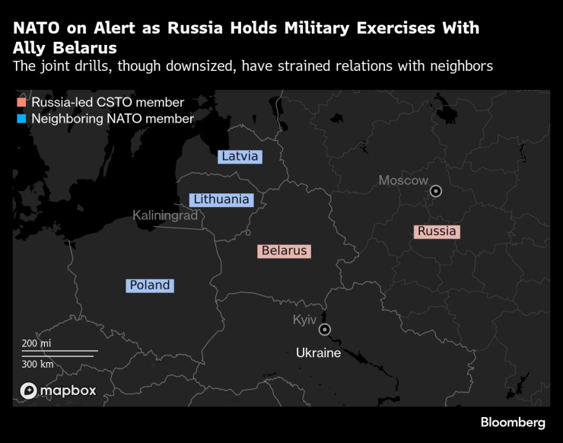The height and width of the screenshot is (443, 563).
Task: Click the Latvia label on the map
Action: (240, 157)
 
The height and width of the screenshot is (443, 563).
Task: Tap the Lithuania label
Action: (221, 199)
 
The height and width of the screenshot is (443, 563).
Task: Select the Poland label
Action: (150, 285)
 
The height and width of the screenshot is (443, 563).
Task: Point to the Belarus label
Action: (284, 250)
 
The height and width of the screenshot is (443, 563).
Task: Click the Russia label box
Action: (437, 231)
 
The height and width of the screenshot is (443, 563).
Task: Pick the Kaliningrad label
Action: (165, 215)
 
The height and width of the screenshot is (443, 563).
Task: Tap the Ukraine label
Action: (318, 353)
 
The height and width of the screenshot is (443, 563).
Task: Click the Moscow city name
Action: (403, 180)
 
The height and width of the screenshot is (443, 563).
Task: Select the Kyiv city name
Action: (304, 320)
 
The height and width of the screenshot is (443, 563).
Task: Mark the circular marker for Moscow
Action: (436, 192)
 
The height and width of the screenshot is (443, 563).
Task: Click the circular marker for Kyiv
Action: (325, 330)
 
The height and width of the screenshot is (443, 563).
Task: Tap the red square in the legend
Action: (22, 103)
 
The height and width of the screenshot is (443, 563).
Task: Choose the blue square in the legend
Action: (22, 119)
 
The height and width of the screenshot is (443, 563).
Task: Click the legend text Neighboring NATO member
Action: (113, 119)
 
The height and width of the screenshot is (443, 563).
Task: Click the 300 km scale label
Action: (37, 364)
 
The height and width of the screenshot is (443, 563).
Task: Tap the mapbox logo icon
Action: (29, 391)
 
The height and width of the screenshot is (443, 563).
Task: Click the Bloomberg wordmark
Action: (513, 422)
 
